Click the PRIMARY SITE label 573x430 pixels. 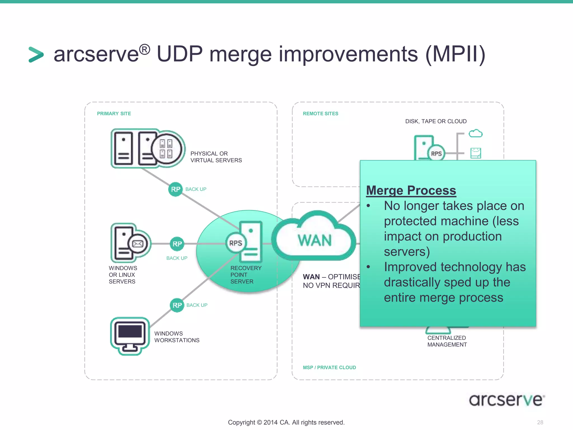(114, 114)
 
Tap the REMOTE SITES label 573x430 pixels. (320, 114)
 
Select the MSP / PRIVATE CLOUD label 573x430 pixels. (329, 368)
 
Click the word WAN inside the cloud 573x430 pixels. (315, 240)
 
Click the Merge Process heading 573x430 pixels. (411, 190)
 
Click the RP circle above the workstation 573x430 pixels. (177, 305)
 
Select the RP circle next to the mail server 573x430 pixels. (177, 244)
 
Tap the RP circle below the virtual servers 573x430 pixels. (175, 190)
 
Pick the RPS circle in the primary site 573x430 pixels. (236, 243)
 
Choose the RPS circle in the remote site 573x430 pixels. (436, 154)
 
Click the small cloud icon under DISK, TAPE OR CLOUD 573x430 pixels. (476, 133)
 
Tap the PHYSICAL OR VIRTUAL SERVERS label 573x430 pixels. (216, 157)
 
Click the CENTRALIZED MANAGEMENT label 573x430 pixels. (447, 341)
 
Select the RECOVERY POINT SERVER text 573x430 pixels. (246, 275)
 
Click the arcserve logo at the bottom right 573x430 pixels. (507, 400)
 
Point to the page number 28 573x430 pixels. (540, 422)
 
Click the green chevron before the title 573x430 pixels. (36, 55)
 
